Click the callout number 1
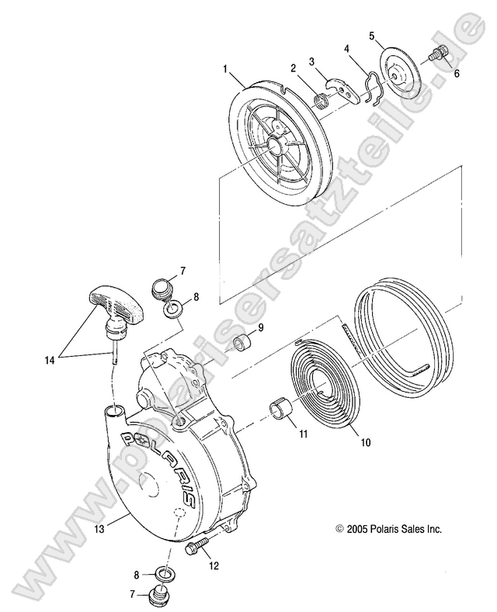point(224,69)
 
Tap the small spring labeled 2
point(320,99)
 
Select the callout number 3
point(311,61)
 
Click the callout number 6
point(456,74)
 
